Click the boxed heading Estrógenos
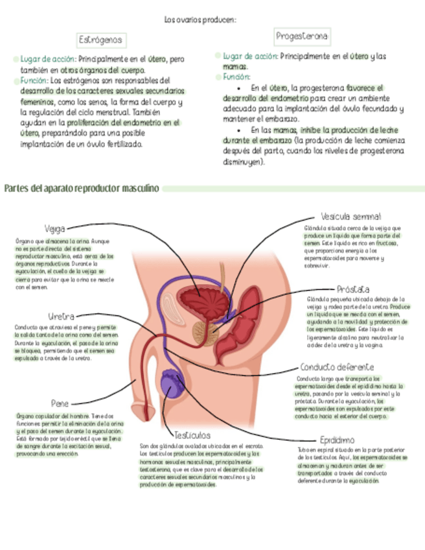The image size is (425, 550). [101, 40]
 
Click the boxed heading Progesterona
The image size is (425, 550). [301, 36]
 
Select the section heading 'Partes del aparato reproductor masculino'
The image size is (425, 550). [81, 189]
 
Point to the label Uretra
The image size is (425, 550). [61, 316]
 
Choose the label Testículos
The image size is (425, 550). [191, 435]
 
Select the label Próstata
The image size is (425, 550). [353, 289]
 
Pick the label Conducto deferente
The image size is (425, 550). [336, 366]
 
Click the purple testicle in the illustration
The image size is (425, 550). [174, 383]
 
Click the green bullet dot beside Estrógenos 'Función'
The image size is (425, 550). [16, 80]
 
